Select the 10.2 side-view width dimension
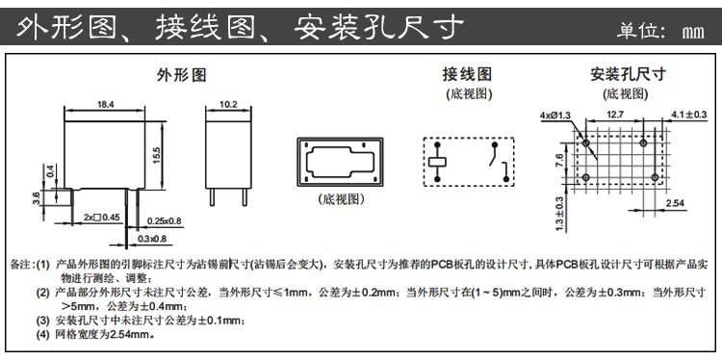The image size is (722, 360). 229,103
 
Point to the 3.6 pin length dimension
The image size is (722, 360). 38,197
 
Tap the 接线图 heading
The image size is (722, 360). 467,74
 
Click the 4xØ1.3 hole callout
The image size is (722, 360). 555,116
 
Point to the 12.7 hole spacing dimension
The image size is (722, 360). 617,115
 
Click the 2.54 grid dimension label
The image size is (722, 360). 675,204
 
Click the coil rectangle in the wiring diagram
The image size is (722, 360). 438,161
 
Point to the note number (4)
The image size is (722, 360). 42,336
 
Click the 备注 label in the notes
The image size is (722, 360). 20,264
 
